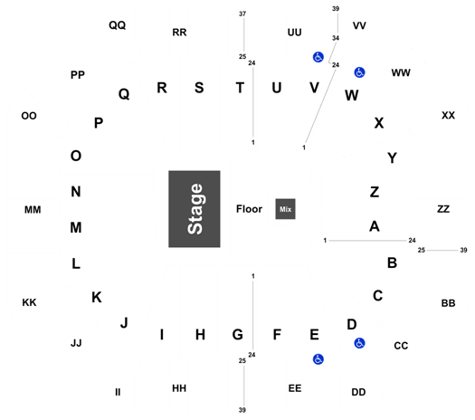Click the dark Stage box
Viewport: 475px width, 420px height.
coord(195,209)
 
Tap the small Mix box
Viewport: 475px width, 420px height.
coord(285,209)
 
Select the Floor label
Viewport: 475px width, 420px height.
coord(249,209)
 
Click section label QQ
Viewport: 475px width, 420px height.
coord(118,25)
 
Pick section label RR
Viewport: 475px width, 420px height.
coord(179,33)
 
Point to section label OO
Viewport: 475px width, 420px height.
coord(29,116)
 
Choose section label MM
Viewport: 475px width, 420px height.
coord(33,210)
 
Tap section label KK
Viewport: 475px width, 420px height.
coord(29,302)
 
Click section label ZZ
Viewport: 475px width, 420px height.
coord(443,209)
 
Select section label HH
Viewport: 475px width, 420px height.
coord(179,388)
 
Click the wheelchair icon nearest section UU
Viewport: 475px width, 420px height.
coord(318,57)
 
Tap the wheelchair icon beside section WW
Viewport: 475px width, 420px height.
coord(359,72)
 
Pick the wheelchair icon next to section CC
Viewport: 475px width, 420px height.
coord(359,343)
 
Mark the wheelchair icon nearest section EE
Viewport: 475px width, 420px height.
coord(318,359)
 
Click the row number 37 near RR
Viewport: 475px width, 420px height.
coord(242,14)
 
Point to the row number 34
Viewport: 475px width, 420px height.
coord(336,38)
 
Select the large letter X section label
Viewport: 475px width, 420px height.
coord(379,123)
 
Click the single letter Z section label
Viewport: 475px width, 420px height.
coord(375,192)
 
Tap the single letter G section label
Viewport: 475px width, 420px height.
coord(237,335)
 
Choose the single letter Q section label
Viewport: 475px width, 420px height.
coord(124,94)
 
